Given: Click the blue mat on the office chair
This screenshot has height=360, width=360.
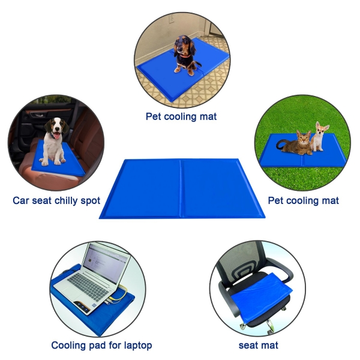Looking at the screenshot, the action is click(262, 298).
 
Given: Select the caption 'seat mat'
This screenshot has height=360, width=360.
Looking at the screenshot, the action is click(258, 346).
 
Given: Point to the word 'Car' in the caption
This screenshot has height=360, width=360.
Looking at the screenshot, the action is click(21, 200).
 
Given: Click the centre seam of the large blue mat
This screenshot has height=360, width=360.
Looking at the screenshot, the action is click(181, 188).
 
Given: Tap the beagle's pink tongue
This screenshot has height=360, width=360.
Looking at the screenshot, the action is click(56, 136).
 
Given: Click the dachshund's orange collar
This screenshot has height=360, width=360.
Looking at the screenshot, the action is click(185, 56).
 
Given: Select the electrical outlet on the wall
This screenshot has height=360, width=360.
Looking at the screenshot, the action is click(171, 19).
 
